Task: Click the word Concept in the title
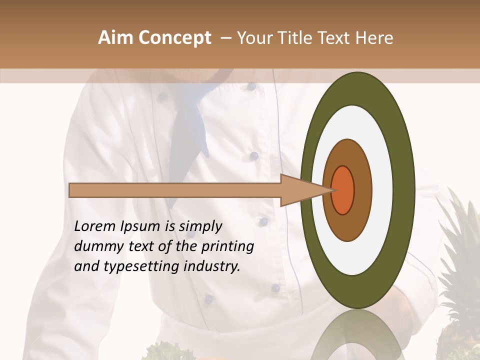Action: coord(175,38)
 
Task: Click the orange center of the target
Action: coord(343,190)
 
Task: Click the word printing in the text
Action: coord(227,247)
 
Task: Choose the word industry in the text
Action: coord(212,266)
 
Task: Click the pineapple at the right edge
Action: coord(462,280)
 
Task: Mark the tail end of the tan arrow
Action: coord(73,190)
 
